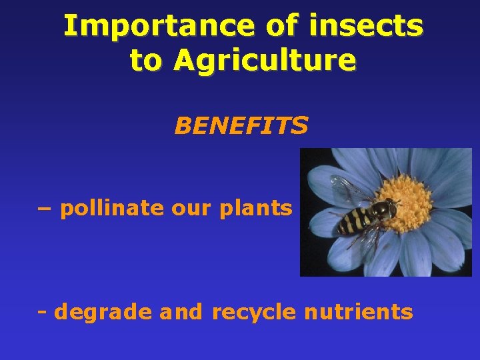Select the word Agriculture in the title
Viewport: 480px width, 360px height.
pyautogui.click(x=265, y=61)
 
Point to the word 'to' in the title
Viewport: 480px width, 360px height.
pyautogui.click(x=145, y=61)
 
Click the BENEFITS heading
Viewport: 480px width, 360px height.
pyautogui.click(x=241, y=125)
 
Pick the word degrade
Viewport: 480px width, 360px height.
pyautogui.click(x=103, y=312)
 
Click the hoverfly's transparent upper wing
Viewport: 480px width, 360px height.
pyautogui.click(x=350, y=190)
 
